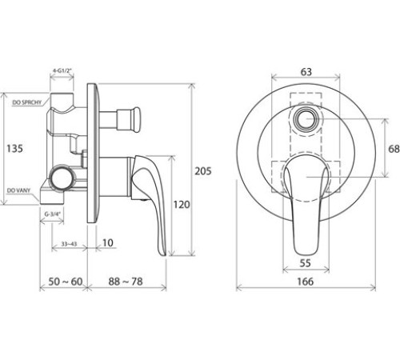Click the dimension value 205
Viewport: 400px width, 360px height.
click(x=205, y=170)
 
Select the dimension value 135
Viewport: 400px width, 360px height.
click(x=14, y=149)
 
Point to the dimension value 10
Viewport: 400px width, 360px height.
click(x=108, y=241)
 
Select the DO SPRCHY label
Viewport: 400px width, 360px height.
click(x=27, y=102)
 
